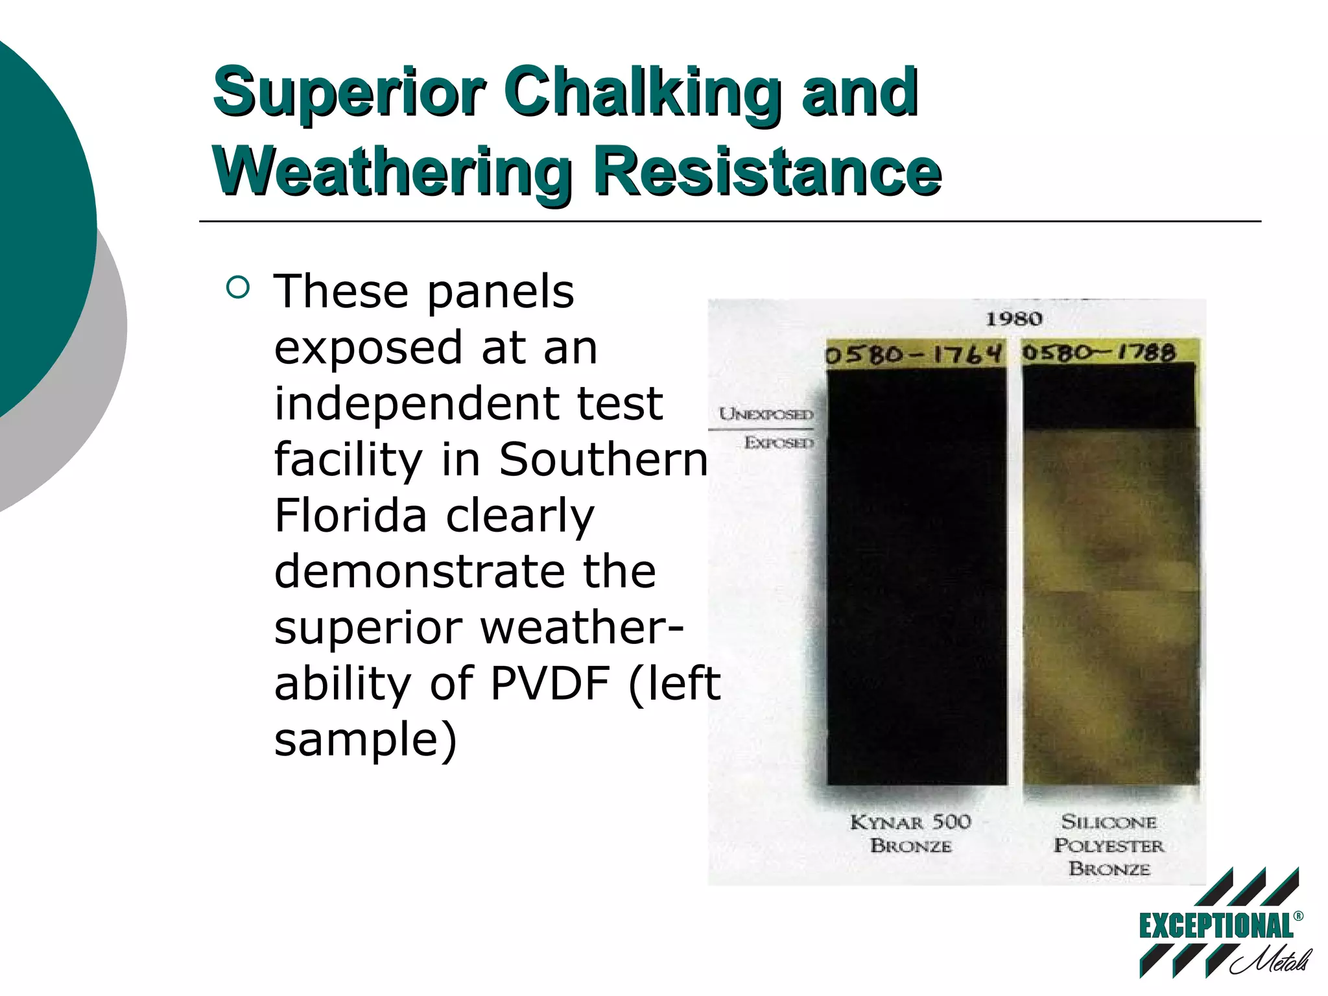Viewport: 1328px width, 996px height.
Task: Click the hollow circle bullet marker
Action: (x=239, y=288)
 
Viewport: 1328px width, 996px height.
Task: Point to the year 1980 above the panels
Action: (x=1014, y=319)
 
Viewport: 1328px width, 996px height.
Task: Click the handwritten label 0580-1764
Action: (x=914, y=355)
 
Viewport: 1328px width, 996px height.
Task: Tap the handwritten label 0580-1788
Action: (x=1099, y=353)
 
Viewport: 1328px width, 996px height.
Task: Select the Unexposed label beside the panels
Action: (x=766, y=414)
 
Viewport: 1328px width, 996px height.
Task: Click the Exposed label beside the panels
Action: (x=779, y=443)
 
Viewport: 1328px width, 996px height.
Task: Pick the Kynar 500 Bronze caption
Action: (x=911, y=834)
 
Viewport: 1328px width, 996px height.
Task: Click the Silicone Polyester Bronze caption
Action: (x=1109, y=845)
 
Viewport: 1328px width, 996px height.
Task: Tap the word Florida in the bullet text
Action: (x=350, y=516)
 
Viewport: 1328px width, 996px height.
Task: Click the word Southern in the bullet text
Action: (x=603, y=460)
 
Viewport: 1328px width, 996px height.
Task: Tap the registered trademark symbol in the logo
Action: (x=1298, y=916)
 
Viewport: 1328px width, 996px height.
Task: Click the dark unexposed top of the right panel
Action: (x=1109, y=396)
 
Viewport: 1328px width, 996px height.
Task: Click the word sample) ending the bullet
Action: (x=366, y=739)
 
